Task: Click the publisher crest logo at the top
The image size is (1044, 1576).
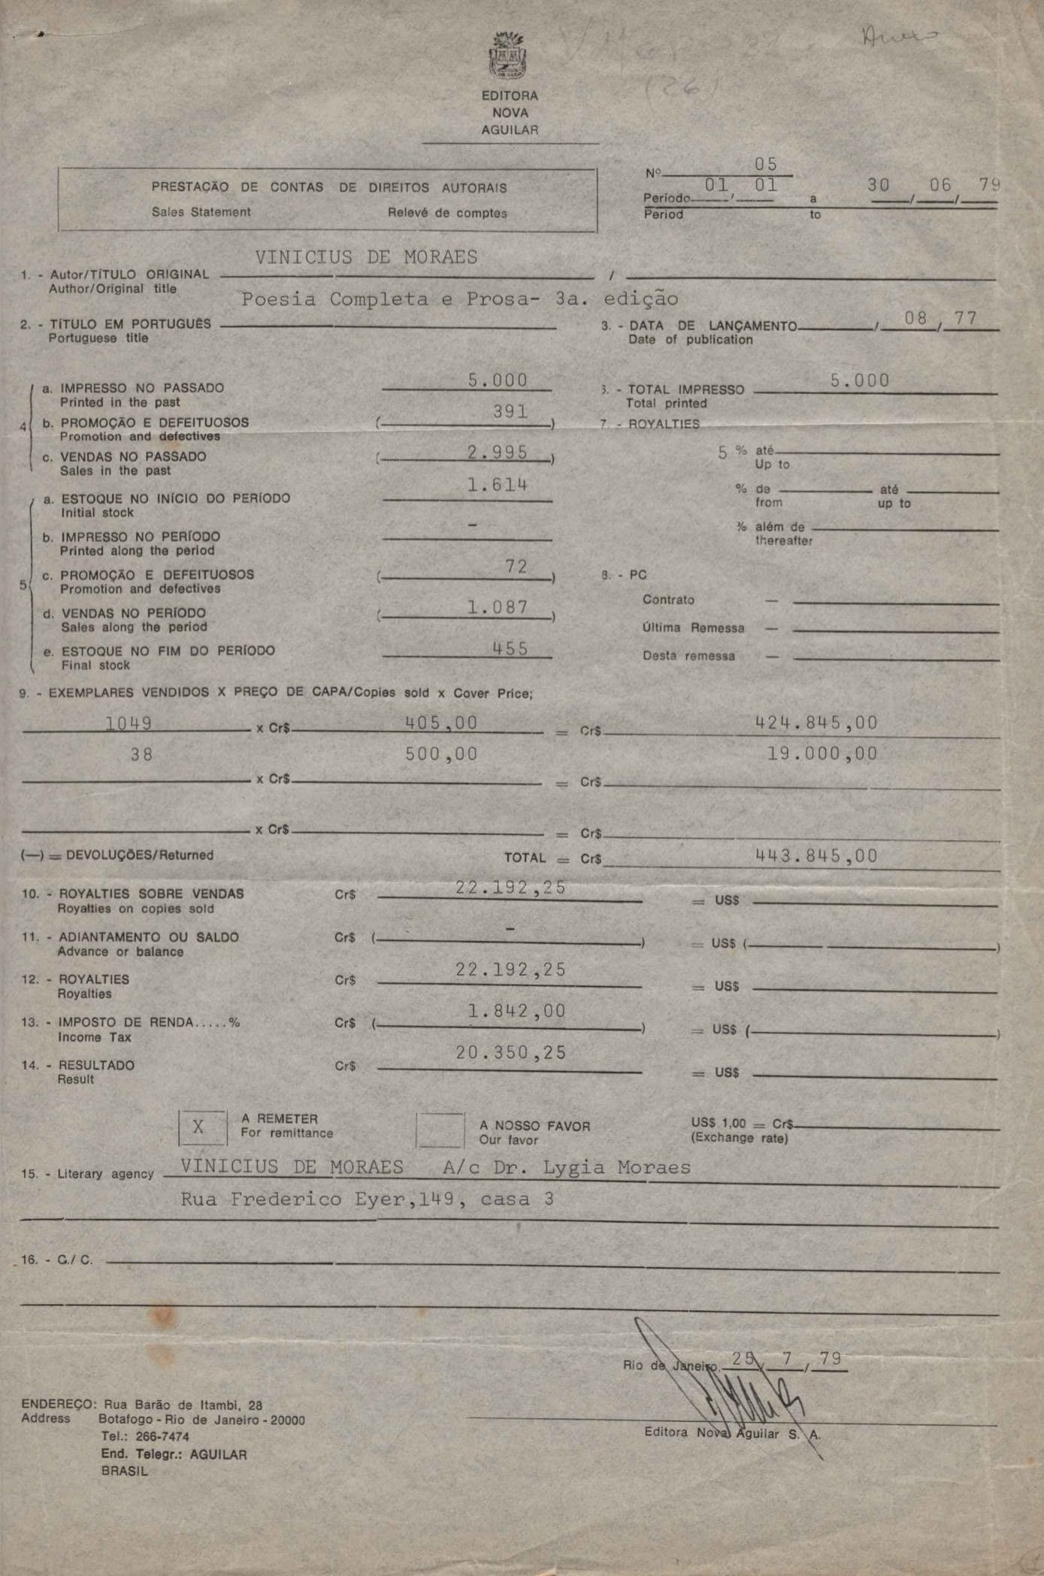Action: (x=509, y=57)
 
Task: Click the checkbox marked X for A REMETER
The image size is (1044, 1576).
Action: (x=201, y=1127)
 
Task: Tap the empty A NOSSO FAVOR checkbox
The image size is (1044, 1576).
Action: (x=440, y=1130)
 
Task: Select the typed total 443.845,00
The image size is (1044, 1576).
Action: (x=816, y=855)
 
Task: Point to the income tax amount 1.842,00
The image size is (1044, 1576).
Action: (x=516, y=1011)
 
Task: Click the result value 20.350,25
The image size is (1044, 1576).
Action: (x=510, y=1052)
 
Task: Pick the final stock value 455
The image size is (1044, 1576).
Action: (x=510, y=648)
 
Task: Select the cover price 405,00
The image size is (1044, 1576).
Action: (x=441, y=723)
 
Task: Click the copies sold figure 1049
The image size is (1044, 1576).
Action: (x=129, y=724)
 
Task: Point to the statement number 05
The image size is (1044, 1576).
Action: (x=766, y=165)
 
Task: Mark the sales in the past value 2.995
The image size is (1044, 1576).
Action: (x=497, y=452)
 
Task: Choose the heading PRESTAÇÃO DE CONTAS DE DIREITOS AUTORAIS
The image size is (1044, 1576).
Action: (x=328, y=188)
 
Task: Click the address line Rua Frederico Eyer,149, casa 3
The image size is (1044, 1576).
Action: (x=367, y=1199)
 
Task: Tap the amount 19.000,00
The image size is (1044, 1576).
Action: (x=822, y=754)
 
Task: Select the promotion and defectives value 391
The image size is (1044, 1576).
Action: (x=510, y=411)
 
